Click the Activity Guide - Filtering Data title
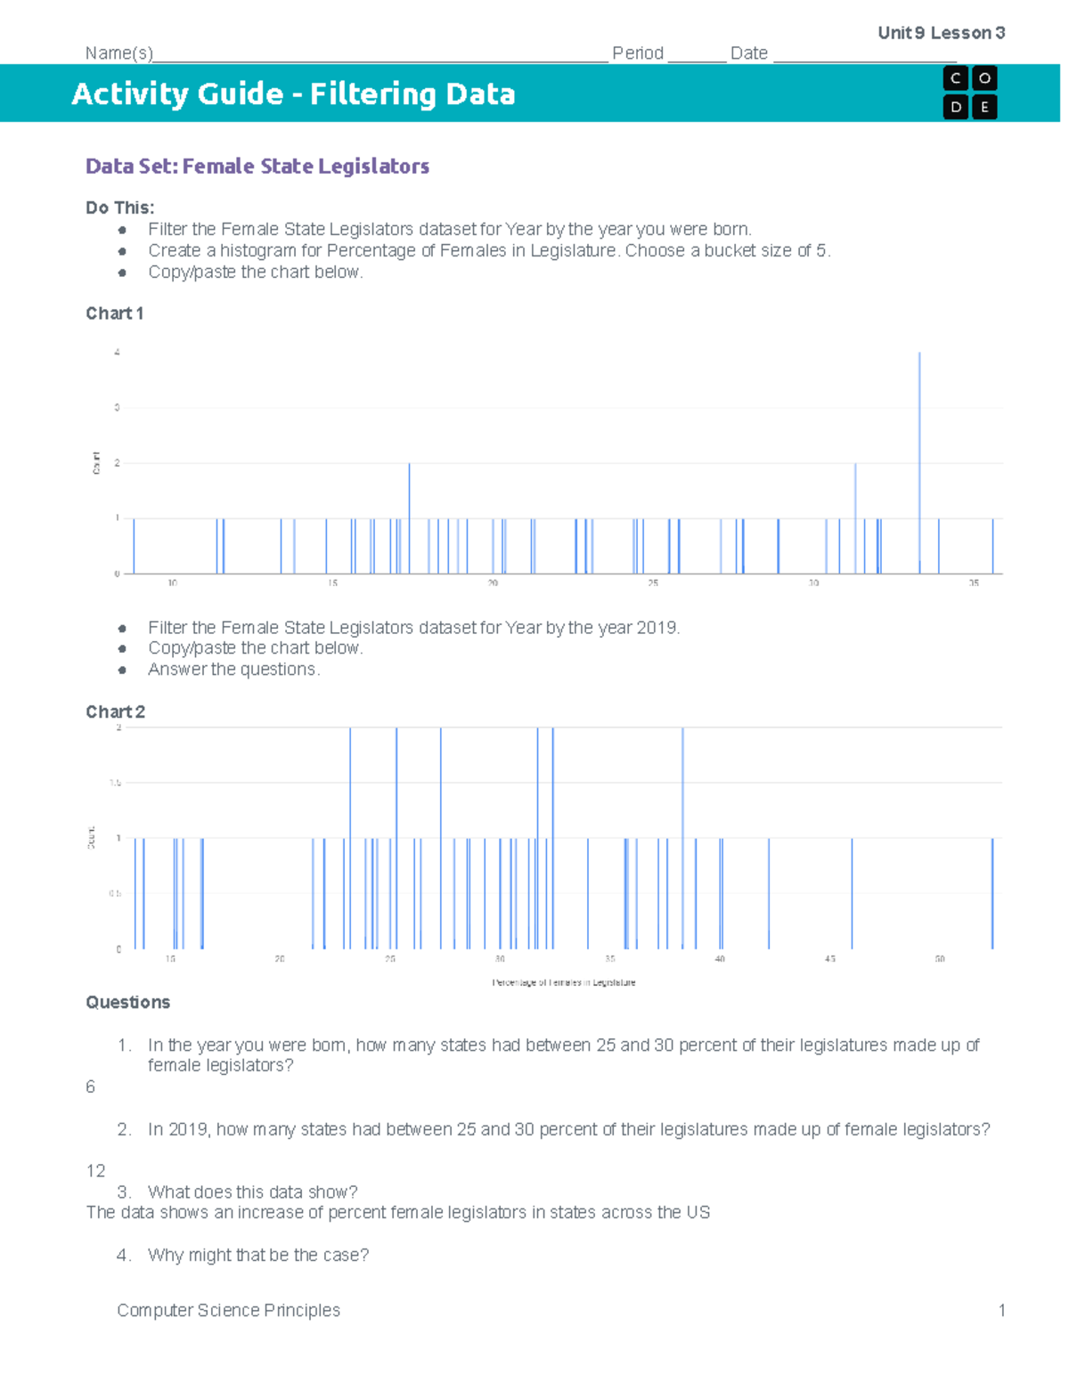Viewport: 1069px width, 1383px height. coord(293,94)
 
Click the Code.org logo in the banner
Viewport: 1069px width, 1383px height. coord(969,93)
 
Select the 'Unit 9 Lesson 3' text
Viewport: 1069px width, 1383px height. coord(941,33)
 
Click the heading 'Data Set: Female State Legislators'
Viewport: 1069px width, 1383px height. coord(257,167)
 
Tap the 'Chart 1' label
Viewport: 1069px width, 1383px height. coord(114,313)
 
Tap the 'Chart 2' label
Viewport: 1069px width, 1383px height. coord(115,712)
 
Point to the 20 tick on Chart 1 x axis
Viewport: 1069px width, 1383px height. coord(493,583)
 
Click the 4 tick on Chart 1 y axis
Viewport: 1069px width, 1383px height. coord(117,353)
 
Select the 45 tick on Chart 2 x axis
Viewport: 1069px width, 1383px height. coord(829,959)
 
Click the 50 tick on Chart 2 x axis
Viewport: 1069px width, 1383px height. coord(940,959)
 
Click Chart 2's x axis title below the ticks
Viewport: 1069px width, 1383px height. coord(564,982)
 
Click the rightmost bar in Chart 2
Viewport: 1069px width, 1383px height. coord(992,893)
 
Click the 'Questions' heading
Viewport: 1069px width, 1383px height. coord(127,1003)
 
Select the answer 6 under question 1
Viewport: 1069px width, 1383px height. coord(90,1086)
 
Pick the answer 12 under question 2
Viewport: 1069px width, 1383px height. coord(95,1171)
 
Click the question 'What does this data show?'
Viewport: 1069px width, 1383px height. coord(252,1192)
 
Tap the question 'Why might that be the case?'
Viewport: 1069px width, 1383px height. coord(257,1255)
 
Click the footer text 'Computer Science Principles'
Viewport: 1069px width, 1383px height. coord(228,1310)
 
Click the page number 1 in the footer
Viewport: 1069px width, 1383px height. coord(1001,1310)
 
